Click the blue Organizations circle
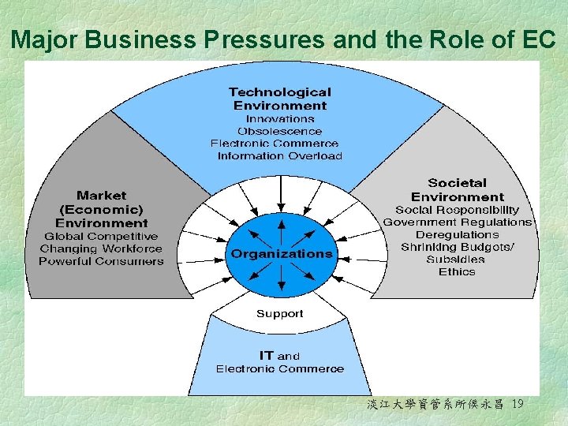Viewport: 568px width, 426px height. coord(281,254)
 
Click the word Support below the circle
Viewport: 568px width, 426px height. coord(279,313)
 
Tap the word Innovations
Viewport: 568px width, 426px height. coord(279,118)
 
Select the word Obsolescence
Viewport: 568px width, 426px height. coord(279,131)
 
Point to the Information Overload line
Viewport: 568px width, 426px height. coord(279,156)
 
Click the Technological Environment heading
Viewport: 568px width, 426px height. coord(279,99)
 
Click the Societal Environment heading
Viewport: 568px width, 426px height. coord(457,189)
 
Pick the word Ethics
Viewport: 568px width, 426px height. coord(457,272)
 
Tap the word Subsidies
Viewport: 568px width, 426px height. coord(457,260)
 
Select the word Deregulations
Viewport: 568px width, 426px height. coord(457,234)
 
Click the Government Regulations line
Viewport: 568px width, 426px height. coord(457,222)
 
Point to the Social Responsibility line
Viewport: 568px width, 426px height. coord(457,210)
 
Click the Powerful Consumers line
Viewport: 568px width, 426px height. coord(101,261)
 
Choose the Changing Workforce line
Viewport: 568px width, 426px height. coord(101,248)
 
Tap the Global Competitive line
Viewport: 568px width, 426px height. coord(101,236)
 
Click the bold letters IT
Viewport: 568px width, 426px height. coord(267,355)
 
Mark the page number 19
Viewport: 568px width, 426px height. coord(518,405)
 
